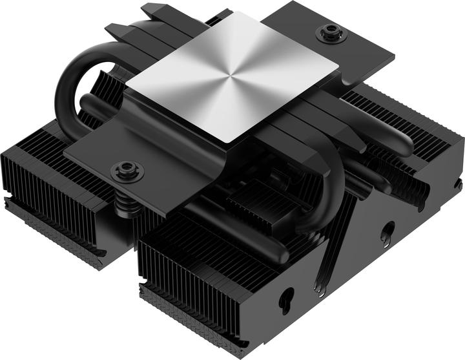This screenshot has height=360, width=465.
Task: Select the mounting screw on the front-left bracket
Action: (123, 172)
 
